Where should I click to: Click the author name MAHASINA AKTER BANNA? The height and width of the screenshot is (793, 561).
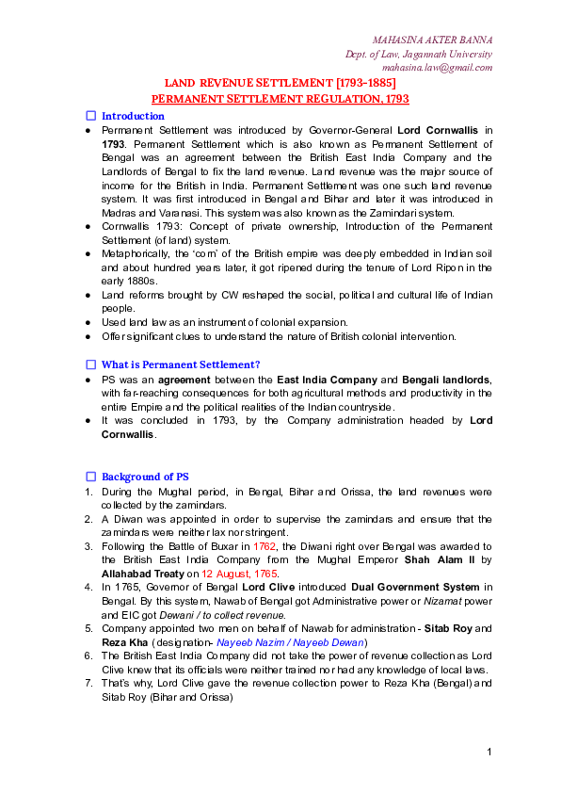[x=432, y=40]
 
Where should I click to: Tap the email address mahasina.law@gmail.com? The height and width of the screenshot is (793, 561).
[x=437, y=67]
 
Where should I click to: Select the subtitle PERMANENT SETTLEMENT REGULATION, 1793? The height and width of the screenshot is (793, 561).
[x=280, y=98]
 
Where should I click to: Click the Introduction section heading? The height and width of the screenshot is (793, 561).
[x=133, y=116]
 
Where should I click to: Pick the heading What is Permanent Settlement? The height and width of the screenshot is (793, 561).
[x=181, y=364]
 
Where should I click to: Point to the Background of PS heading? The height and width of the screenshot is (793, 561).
[x=145, y=477]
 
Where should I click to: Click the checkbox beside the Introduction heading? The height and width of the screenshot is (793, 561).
[x=91, y=116]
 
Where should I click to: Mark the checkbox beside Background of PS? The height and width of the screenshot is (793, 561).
[x=91, y=477]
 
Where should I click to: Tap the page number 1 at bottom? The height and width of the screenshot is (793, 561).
[x=490, y=751]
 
